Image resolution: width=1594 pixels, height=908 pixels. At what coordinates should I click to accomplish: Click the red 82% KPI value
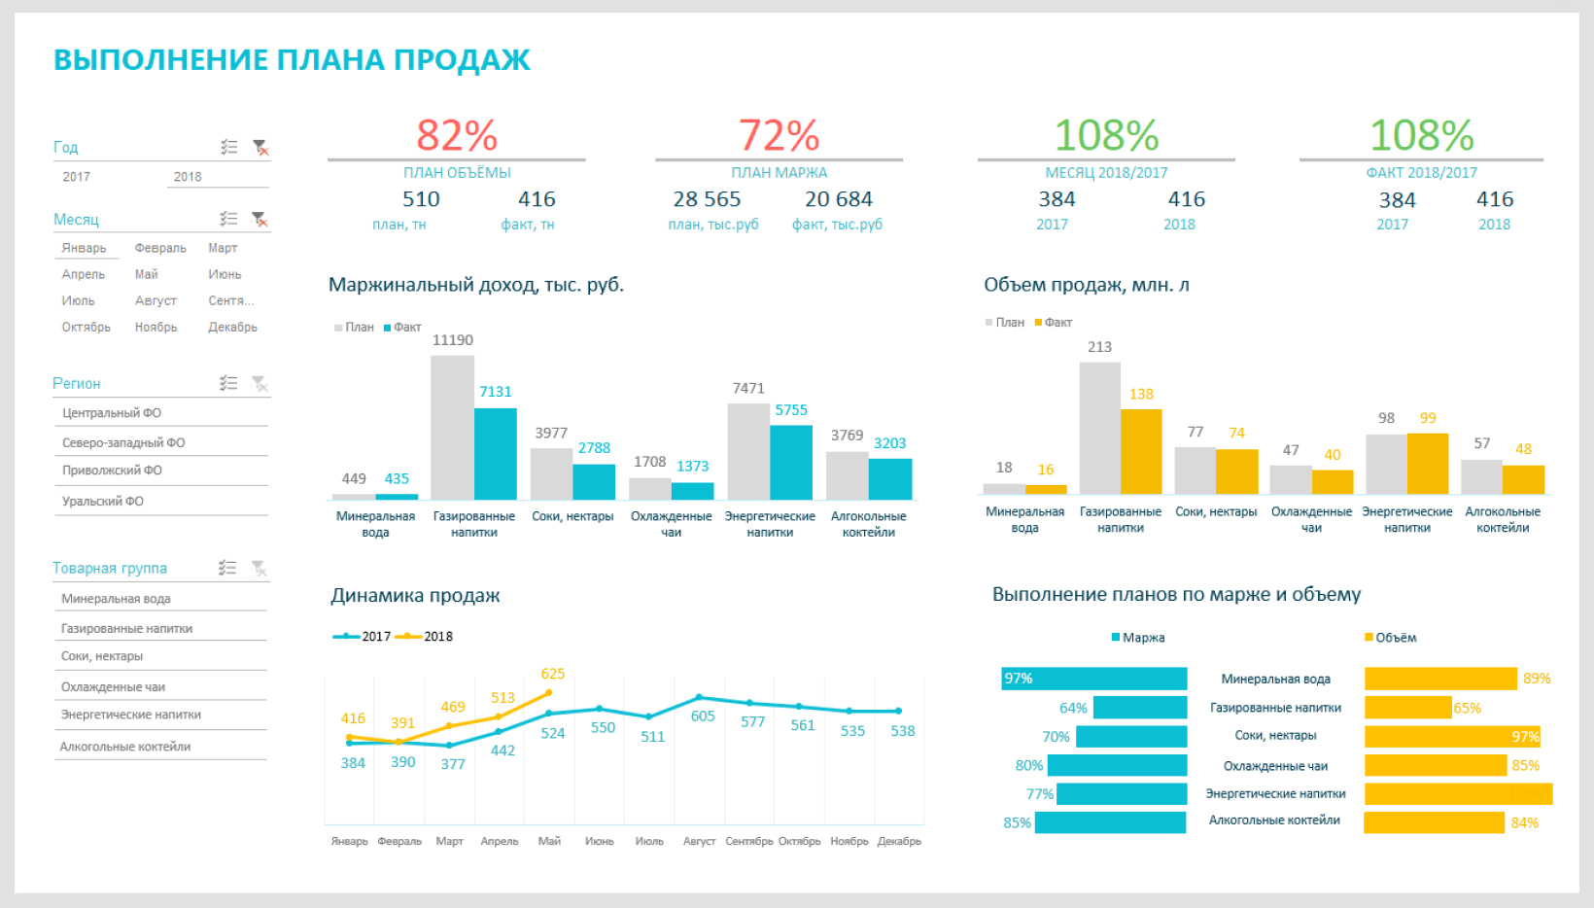click(x=457, y=135)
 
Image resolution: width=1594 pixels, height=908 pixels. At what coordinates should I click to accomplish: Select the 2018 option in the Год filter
click(x=188, y=177)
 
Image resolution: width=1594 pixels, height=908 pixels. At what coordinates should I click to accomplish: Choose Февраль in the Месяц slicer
click(x=160, y=248)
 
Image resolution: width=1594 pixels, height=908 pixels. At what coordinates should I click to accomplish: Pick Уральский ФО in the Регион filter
click(x=103, y=502)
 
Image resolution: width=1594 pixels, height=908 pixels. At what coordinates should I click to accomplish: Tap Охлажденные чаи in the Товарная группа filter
click(x=113, y=686)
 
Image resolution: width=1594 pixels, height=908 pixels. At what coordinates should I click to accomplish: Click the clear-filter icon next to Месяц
click(x=260, y=219)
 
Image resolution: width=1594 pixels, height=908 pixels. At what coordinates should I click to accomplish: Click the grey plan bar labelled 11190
click(x=452, y=428)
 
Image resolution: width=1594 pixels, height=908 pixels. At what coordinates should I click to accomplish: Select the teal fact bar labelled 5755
click(x=791, y=462)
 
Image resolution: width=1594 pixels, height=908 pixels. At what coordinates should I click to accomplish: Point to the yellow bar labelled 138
click(x=1141, y=451)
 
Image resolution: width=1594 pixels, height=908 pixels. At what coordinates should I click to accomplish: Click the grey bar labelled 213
click(x=1099, y=428)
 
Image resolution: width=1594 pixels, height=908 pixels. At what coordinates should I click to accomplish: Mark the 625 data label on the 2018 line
click(x=553, y=674)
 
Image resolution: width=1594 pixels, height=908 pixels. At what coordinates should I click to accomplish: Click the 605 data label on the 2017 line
click(x=703, y=716)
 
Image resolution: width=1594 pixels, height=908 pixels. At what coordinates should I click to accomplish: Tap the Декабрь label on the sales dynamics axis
click(x=899, y=841)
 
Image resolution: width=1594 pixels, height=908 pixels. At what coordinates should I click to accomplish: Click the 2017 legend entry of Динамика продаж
click(x=363, y=637)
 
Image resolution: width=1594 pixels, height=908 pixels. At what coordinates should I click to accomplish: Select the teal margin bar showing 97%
click(x=1093, y=679)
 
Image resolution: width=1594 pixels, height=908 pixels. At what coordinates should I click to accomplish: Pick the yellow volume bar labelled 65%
click(x=1407, y=708)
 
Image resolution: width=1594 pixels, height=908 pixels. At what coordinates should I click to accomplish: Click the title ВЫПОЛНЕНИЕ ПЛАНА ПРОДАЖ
click(x=292, y=60)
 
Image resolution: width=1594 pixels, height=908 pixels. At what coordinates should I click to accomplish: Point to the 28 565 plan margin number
click(x=707, y=199)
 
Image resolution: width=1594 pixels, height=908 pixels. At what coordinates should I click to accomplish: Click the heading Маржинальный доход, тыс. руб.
click(x=476, y=285)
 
